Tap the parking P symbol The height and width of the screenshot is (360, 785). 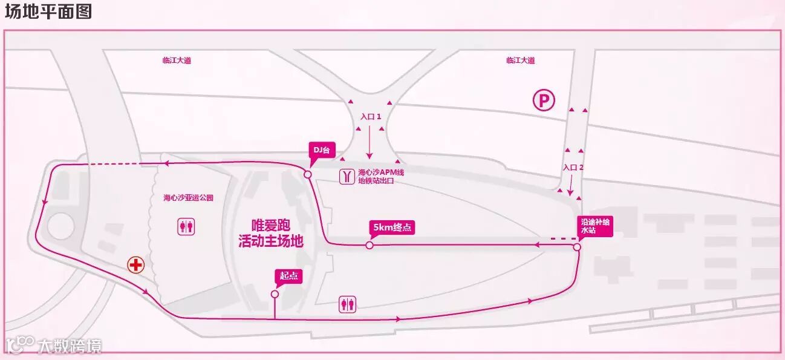pos(543,100)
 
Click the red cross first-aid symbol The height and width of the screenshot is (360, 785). pos(135,264)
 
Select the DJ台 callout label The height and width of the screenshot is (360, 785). pos(322,149)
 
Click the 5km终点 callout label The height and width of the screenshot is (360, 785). pos(392,227)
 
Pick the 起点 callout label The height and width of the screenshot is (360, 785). pos(287,276)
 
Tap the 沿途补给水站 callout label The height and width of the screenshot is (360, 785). pos(595,226)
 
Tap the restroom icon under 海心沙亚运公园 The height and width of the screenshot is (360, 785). pos(186,226)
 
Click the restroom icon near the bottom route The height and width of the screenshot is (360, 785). pos(348,304)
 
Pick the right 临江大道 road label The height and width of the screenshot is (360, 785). pos(520,61)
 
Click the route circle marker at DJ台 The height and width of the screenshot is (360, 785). pos(307,174)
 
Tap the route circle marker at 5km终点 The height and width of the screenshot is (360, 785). pos(369,245)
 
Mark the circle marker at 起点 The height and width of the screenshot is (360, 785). pos(275,294)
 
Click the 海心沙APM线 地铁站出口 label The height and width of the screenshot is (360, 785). pos(380,176)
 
